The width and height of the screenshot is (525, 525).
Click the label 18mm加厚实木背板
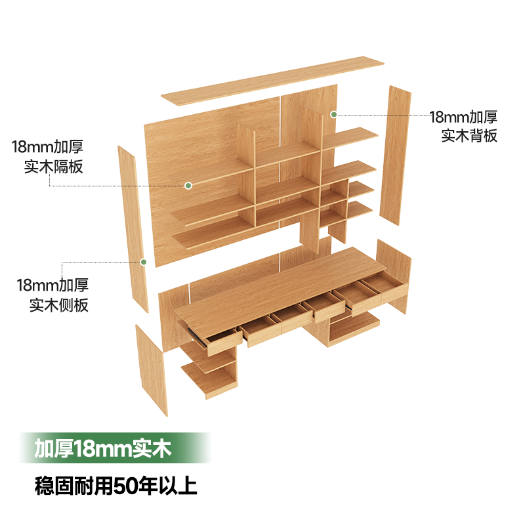click(x=463, y=126)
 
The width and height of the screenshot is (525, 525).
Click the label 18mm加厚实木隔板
click(x=47, y=156)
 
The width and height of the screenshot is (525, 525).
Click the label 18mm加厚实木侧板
click(x=52, y=295)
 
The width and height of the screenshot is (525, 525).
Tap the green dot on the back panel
click(x=333, y=114)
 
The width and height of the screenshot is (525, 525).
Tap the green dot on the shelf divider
click(x=188, y=186)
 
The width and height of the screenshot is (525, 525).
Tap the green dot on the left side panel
click(x=143, y=262)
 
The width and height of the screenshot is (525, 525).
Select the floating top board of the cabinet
click(x=272, y=82)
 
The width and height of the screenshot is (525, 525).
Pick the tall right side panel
click(x=398, y=154)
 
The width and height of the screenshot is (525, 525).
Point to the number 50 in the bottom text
click(x=125, y=486)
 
